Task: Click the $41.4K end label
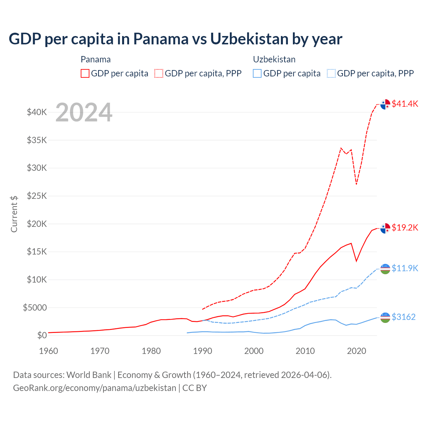tap(405, 104)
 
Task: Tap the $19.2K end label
tap(405, 228)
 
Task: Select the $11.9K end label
tap(405, 268)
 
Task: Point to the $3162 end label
tap(403, 317)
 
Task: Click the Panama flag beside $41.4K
tap(385, 104)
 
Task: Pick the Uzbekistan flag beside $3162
tap(385, 317)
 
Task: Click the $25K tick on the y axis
tap(37, 196)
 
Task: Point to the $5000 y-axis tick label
tap(35, 308)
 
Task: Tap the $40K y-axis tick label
tap(37, 112)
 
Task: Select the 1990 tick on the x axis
tap(202, 351)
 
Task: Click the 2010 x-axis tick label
tap(305, 351)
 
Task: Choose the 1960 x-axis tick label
tap(48, 351)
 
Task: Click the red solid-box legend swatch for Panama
tap(85, 73)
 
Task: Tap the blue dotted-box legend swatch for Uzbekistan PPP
tap(331, 73)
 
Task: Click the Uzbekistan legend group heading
tap(274, 59)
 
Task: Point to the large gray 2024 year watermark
tap(84, 112)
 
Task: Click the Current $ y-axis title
tap(14, 214)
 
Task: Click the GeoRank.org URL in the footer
tap(94, 388)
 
